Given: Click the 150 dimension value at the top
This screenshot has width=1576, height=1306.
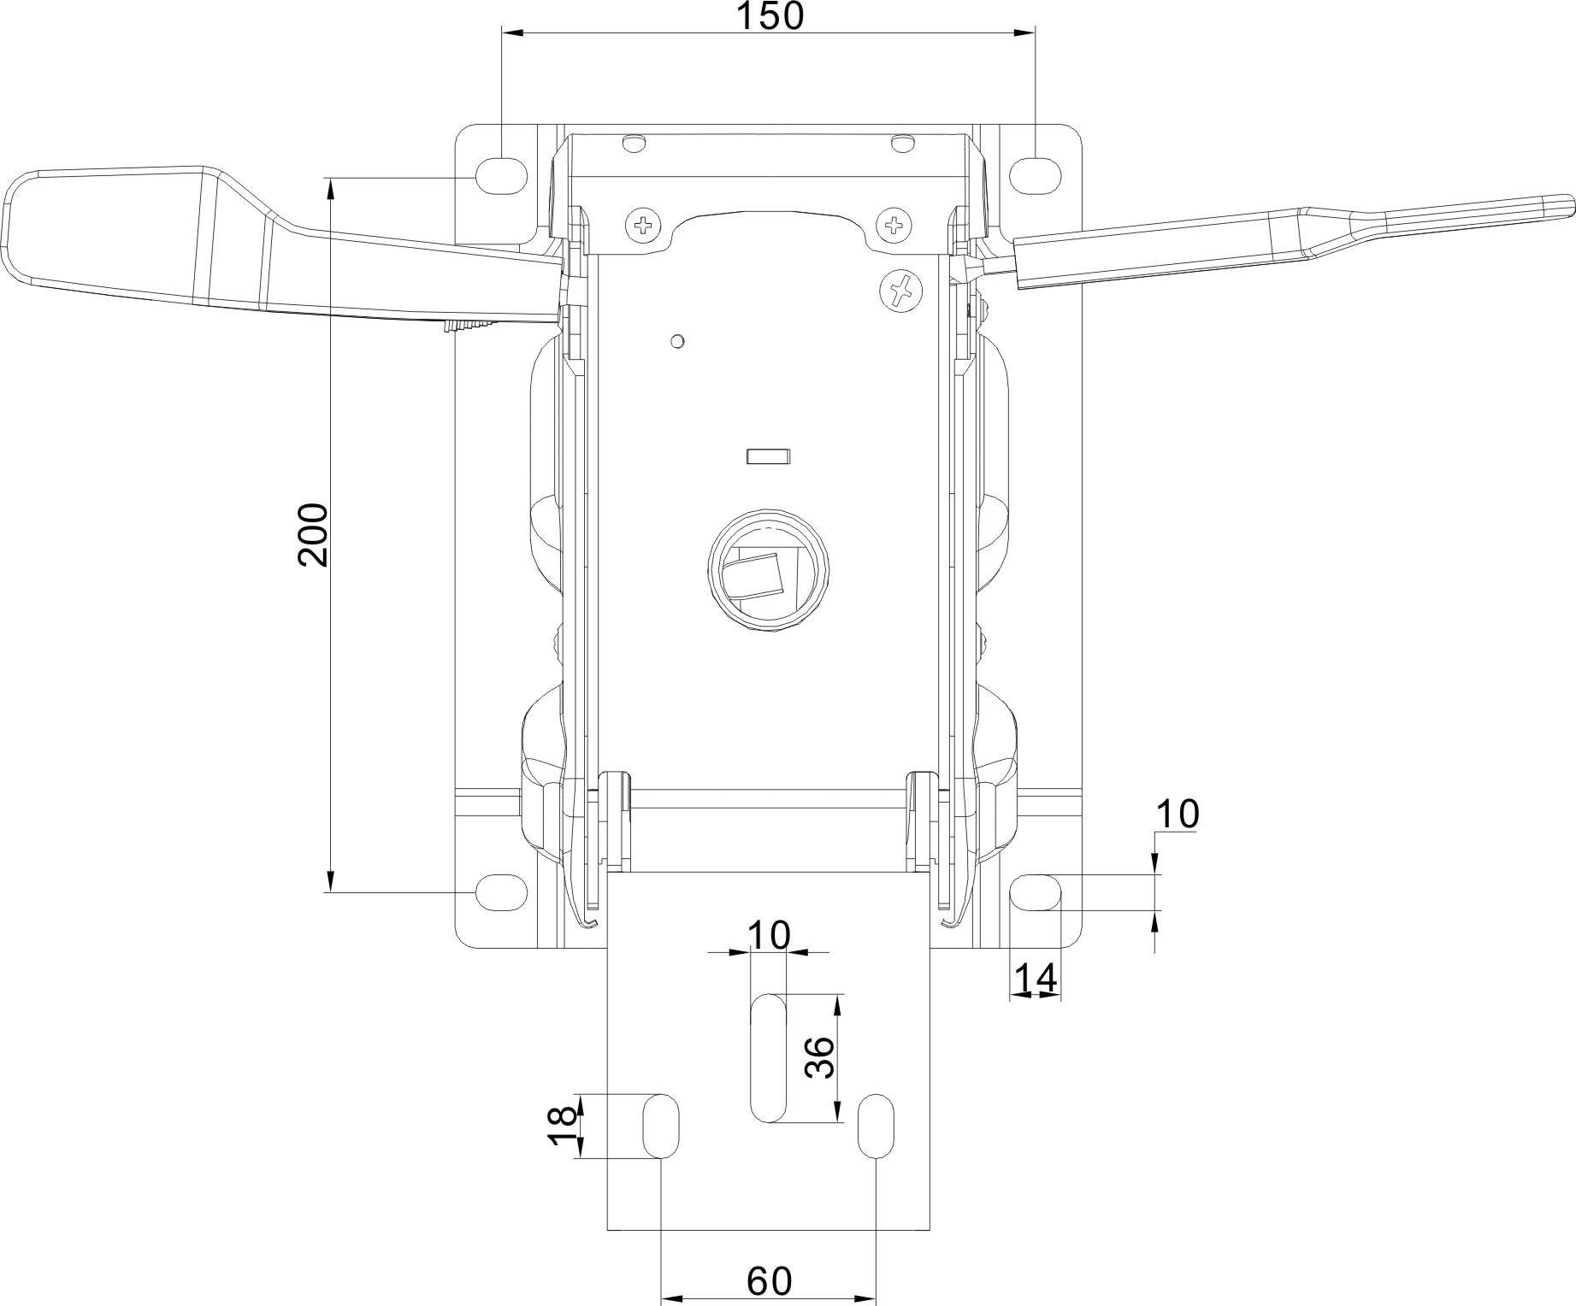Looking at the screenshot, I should (770, 15).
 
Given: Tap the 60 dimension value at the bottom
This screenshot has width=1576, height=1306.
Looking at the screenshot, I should (770, 1281).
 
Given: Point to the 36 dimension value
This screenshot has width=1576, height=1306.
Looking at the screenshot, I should (819, 1057).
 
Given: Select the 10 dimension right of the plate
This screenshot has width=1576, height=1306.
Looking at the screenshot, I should (1177, 815).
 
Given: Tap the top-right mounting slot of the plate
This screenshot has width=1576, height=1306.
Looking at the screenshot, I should (1036, 174).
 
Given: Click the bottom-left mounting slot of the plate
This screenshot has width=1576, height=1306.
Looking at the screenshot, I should (500, 892).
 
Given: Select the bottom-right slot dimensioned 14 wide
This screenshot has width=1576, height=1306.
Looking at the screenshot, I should (1036, 892).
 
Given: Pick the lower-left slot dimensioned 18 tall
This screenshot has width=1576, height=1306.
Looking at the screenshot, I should (661, 1127).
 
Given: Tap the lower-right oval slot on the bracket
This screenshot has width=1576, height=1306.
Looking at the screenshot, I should (876, 1127).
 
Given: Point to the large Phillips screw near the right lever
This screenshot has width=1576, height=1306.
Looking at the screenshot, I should (900, 291).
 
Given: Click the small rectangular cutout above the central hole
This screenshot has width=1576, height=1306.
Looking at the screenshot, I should (769, 456).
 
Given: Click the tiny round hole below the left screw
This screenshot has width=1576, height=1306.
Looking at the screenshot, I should (677, 342).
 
